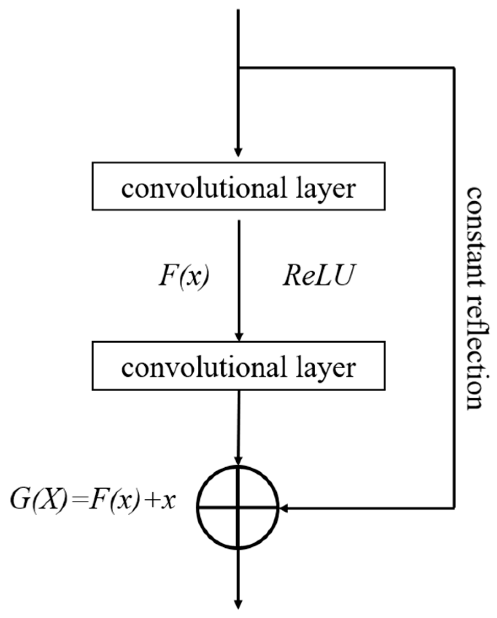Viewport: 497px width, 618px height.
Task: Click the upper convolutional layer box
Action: [238, 186]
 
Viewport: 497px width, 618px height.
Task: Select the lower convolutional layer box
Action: [238, 366]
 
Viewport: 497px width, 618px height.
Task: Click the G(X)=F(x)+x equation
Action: [93, 502]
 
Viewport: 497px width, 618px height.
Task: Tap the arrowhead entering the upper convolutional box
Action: [238, 152]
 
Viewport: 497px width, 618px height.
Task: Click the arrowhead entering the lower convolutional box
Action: [239, 337]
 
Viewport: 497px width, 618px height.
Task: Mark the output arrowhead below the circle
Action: [238, 604]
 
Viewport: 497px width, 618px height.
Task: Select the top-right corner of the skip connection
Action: [454, 67]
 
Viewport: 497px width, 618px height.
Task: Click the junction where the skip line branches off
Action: [238, 67]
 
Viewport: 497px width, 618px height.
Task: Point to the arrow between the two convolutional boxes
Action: [239, 278]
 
